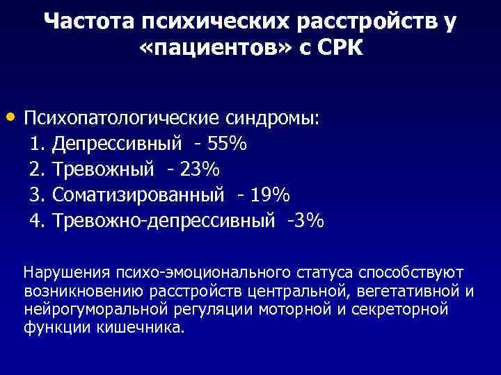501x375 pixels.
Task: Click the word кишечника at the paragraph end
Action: coord(150,326)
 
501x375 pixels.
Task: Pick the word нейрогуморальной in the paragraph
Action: coord(80,308)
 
